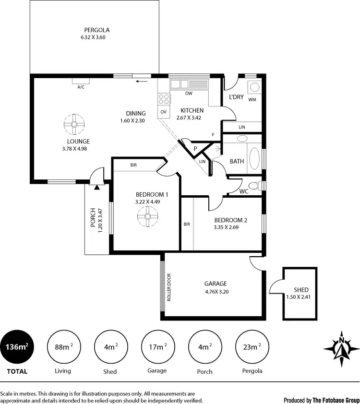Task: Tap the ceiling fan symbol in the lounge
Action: click(x=75, y=124)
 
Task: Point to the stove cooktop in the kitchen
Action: click(x=164, y=99)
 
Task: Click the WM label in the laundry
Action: click(x=252, y=99)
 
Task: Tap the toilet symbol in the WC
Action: click(x=257, y=186)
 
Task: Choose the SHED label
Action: click(x=301, y=290)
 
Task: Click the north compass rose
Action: click(x=341, y=347)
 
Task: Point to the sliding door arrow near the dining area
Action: click(x=141, y=81)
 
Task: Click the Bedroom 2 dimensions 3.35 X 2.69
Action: click(x=230, y=227)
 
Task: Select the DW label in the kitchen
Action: click(x=189, y=94)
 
